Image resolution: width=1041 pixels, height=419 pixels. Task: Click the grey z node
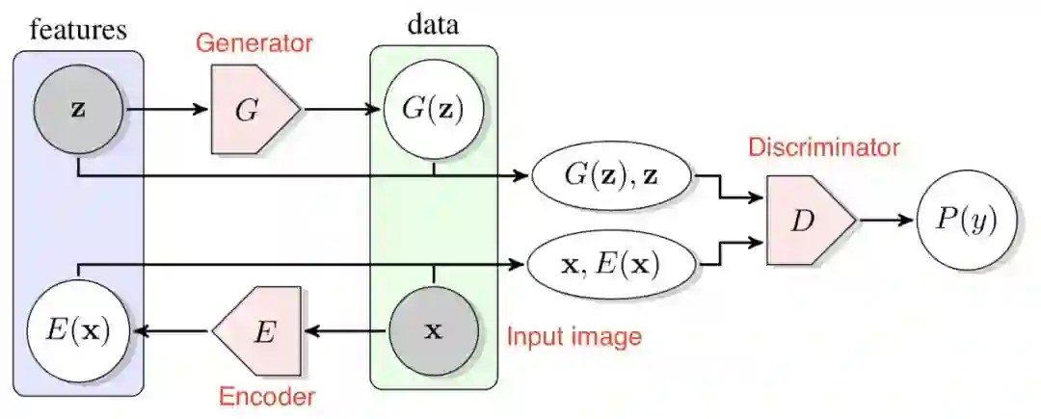[77, 109]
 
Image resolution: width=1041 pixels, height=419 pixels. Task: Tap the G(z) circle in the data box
[433, 110]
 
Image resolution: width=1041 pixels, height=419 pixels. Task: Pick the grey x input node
[433, 331]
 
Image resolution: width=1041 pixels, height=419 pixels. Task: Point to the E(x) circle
[77, 331]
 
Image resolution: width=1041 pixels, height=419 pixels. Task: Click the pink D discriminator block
[805, 220]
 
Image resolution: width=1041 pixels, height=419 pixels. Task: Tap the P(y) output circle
[966, 220]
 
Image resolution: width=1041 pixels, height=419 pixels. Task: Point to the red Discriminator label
[823, 148]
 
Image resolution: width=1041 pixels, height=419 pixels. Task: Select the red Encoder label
[268, 396]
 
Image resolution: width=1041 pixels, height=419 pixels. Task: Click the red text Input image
[574, 337]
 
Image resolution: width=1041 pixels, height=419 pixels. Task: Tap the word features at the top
[78, 28]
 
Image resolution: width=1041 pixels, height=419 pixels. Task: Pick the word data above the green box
[433, 25]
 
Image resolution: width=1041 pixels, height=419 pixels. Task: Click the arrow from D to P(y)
[885, 220]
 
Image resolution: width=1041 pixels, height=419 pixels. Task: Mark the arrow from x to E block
[347, 331]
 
